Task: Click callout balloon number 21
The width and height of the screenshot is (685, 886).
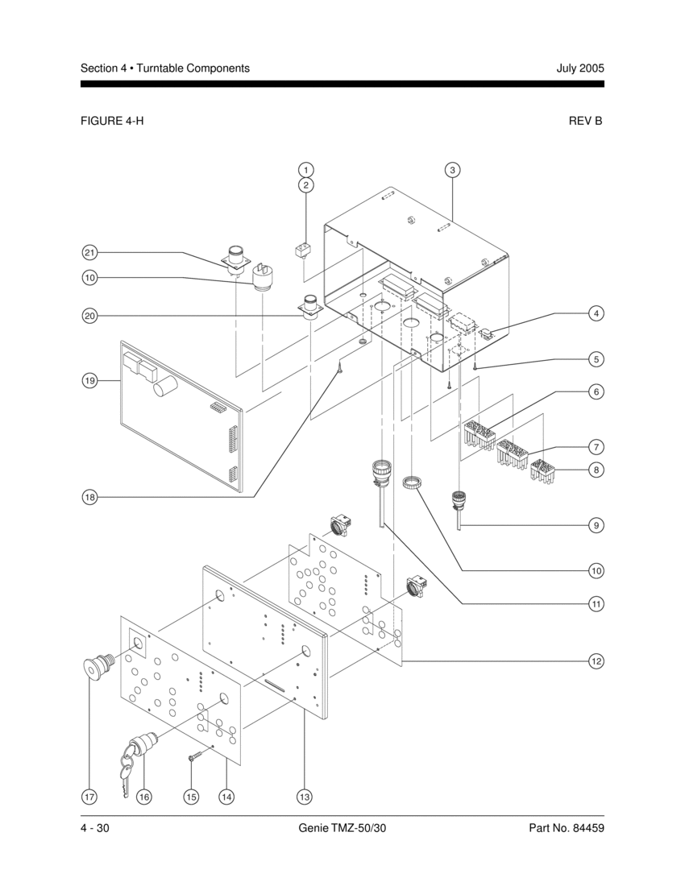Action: (89, 253)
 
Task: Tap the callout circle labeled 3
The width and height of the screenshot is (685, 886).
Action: (452, 169)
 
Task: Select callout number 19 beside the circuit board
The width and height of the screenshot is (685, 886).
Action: (89, 381)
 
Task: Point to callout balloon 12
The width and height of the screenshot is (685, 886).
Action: (596, 660)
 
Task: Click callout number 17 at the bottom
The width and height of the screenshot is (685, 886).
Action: (89, 797)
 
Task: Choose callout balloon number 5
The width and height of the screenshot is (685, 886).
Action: (596, 358)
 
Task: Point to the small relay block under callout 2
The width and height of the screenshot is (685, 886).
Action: (303, 250)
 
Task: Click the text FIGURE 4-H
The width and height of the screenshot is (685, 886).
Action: (112, 120)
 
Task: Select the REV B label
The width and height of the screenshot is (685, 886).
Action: (586, 120)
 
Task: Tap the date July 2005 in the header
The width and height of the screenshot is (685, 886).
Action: (580, 68)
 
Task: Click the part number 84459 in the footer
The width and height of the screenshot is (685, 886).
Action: (588, 828)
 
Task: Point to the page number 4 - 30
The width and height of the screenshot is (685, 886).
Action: (94, 828)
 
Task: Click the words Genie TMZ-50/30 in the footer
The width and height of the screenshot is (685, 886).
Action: (342, 828)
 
